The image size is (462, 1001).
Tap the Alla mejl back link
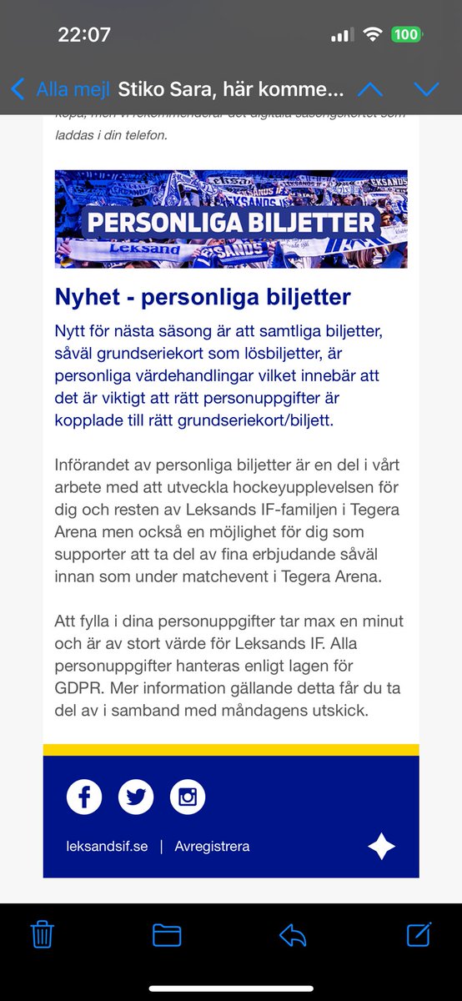60,88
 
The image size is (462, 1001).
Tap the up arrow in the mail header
370,88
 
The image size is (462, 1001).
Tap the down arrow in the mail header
426,88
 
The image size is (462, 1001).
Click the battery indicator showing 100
405,35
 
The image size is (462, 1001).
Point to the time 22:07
84,35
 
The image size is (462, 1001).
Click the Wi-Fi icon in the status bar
372,35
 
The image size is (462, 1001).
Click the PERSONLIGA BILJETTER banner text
231,223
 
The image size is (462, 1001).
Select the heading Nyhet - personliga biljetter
203,297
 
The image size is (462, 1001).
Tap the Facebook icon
84,797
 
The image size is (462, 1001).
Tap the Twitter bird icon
136,797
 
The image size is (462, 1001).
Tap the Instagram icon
188,797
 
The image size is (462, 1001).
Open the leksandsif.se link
107,846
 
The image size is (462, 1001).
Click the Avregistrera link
212,846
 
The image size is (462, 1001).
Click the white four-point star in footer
381,846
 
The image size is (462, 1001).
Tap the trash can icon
42,934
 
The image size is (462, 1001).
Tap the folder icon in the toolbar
167,934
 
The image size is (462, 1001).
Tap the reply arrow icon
293,934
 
